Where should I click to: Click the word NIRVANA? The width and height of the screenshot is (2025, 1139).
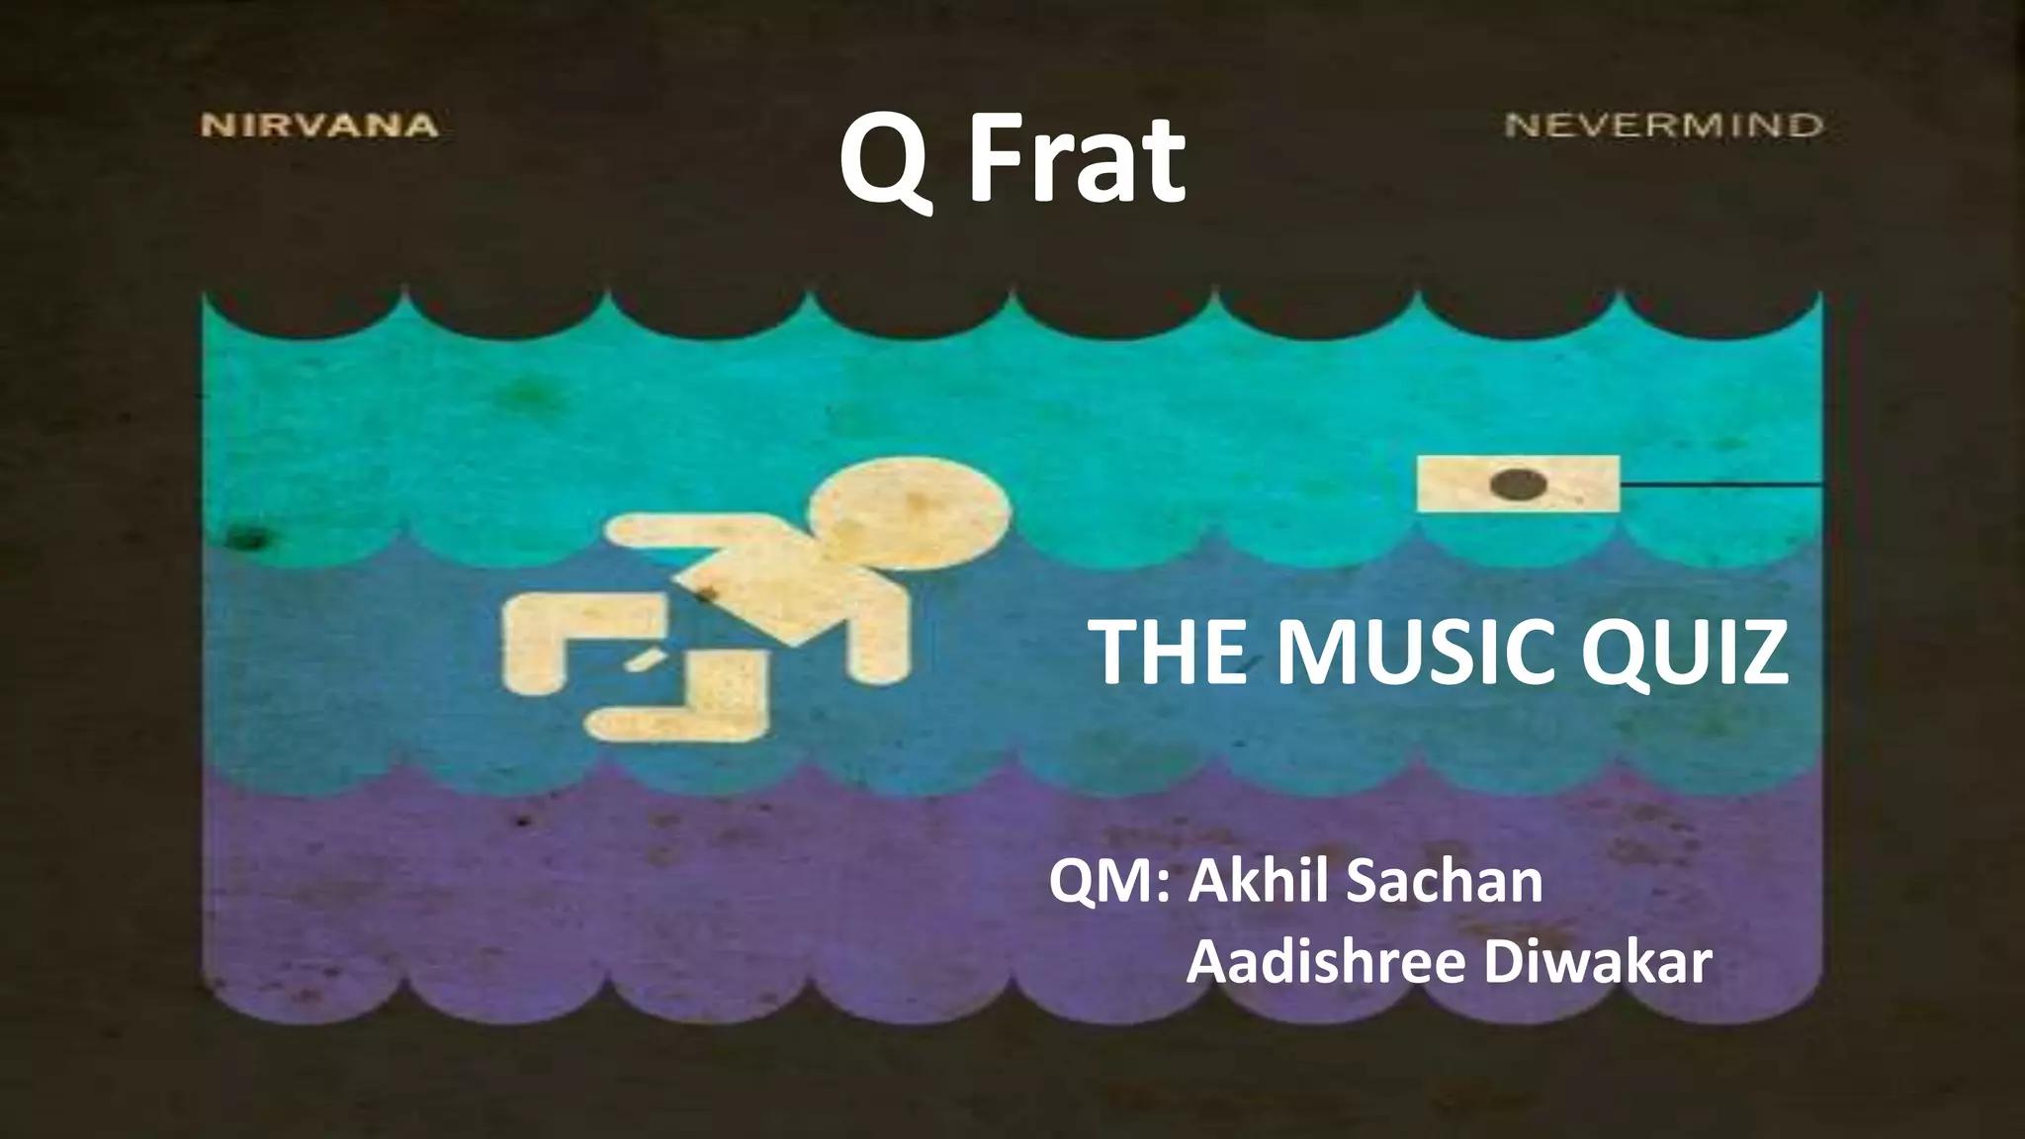click(319, 126)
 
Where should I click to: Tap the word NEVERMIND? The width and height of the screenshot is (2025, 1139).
click(1663, 126)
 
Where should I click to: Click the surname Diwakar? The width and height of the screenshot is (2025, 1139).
click(1598, 961)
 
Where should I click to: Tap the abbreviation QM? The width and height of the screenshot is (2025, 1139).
click(1109, 882)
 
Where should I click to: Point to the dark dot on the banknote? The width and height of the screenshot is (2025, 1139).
click(1519, 484)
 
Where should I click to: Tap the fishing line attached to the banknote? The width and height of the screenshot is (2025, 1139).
click(1720, 484)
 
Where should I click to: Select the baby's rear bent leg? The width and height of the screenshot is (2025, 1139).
click(554, 643)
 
